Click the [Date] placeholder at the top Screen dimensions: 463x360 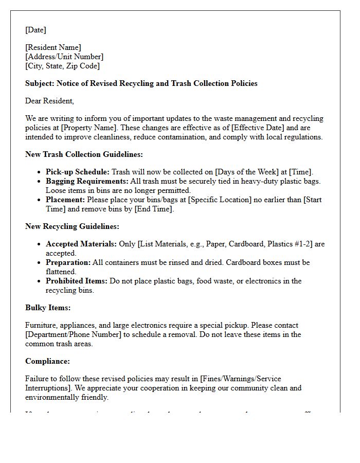coord(35,30)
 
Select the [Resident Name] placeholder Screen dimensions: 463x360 coord(53,47)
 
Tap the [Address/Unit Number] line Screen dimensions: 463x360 coord(64,57)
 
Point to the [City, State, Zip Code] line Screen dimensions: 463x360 coord(62,66)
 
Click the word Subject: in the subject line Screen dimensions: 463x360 coord(40,83)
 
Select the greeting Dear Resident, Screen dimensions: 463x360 coord(49,101)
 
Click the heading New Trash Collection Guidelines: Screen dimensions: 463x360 coord(84,154)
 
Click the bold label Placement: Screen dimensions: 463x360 coord(65,200)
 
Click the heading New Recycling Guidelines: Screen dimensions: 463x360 coord(72,226)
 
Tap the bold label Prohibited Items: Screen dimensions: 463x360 coord(77,281)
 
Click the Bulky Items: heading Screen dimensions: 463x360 coord(48,308)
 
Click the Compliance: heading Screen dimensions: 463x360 coord(47,361)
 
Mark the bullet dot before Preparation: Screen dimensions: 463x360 coord(40,262)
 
